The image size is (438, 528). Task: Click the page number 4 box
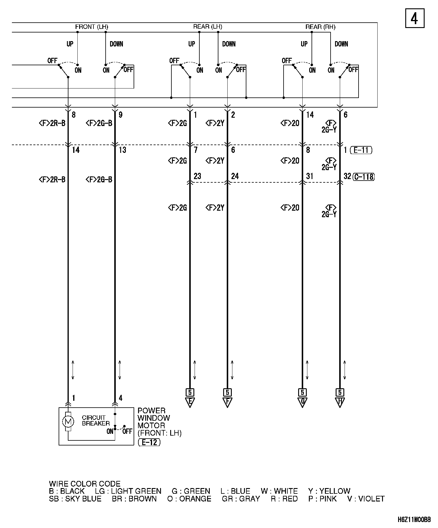(414, 18)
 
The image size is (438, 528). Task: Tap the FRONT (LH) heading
(92, 27)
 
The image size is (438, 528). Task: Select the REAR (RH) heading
(320, 27)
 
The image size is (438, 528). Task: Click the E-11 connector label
(361, 150)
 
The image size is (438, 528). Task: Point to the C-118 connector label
(364, 177)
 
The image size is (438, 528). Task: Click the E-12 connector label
(149, 442)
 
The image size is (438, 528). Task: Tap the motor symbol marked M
(68, 421)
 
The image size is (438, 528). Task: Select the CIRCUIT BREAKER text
(96, 420)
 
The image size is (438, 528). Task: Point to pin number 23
(197, 176)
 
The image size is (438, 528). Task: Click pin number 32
(347, 176)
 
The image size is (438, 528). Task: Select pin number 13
(122, 150)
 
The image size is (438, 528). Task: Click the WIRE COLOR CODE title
(85, 484)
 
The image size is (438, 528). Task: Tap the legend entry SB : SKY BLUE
(75, 499)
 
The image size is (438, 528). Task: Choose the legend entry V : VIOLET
(366, 499)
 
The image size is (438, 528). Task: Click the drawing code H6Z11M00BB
(414, 520)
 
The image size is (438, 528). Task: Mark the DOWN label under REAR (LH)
(229, 44)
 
